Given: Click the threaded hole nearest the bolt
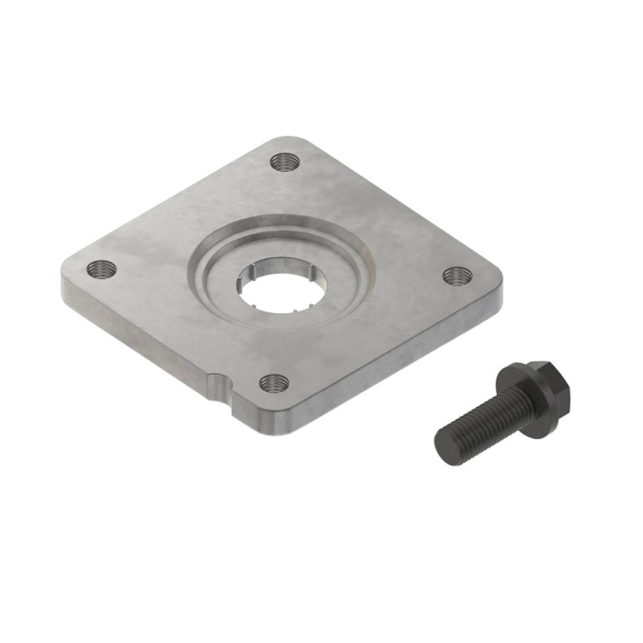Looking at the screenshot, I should (x=456, y=275).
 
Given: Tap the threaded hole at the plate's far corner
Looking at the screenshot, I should (x=287, y=162).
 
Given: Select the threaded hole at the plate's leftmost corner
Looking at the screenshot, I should (x=102, y=269).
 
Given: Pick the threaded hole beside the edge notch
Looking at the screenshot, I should (x=271, y=381).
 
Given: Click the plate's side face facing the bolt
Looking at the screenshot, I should (x=395, y=358).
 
